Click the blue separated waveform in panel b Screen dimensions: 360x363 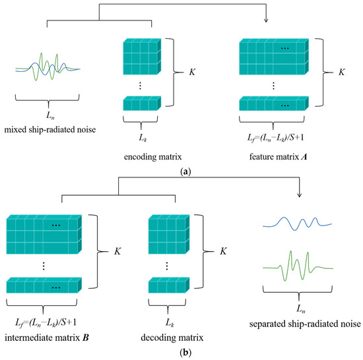coord(295,225)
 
